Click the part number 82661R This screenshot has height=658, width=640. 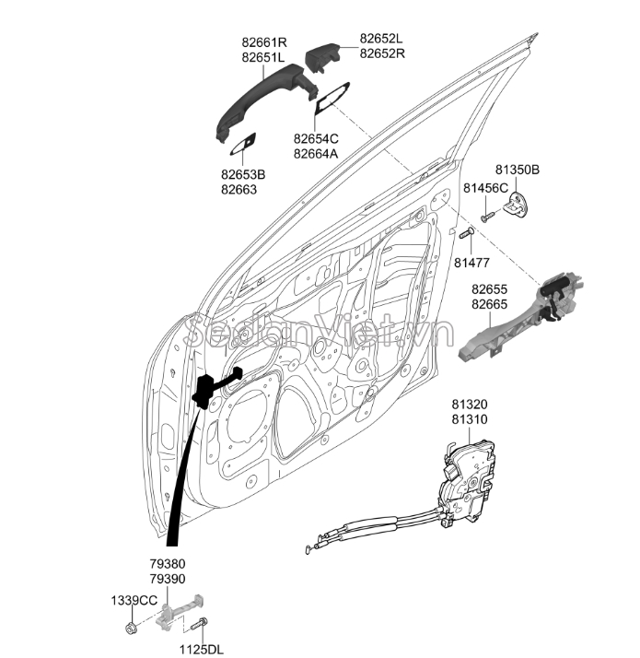click(264, 41)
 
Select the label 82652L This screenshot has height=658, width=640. click(381, 39)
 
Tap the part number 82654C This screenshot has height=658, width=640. click(316, 138)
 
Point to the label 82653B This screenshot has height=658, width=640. click(243, 174)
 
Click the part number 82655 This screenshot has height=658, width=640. click(489, 289)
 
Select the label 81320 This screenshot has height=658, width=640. click(469, 405)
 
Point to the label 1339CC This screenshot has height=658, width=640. click(134, 600)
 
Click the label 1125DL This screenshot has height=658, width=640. click(202, 649)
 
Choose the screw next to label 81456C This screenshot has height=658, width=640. click(488, 216)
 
